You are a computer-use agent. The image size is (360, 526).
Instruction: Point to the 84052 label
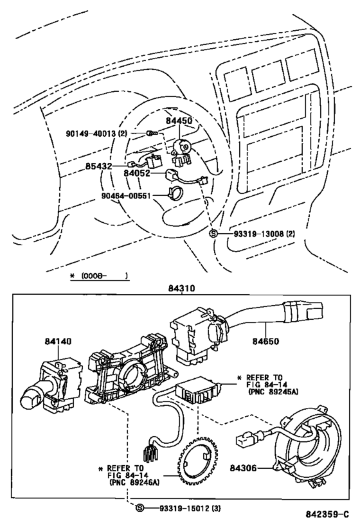(137, 173)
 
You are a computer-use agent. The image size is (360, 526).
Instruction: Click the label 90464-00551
(112, 197)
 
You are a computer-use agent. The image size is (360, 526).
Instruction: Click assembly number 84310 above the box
(182, 289)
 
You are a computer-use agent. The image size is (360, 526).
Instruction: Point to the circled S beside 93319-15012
(139, 507)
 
